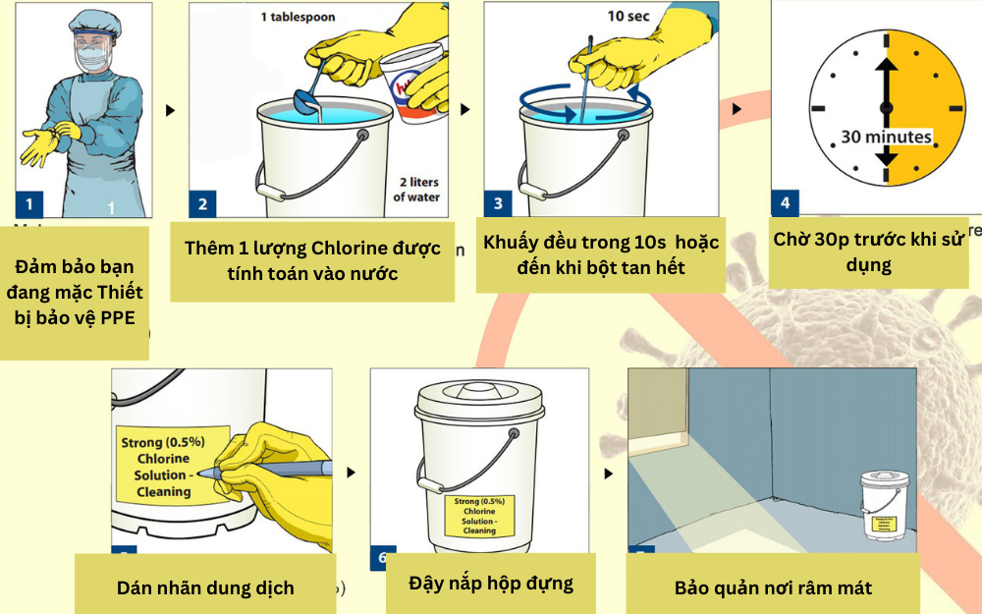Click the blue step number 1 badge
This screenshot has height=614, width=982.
click(28, 204)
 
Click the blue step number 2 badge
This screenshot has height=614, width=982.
click(203, 204)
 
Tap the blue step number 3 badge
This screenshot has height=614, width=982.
click(498, 203)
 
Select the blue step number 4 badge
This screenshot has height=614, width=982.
click(785, 203)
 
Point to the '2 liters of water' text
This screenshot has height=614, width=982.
click(417, 190)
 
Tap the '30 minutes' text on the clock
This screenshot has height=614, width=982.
click(886, 137)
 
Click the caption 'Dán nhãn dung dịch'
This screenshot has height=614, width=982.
click(205, 587)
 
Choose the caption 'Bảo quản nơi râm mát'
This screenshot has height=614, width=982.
click(773, 587)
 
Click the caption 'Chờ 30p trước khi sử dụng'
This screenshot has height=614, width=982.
click(868, 251)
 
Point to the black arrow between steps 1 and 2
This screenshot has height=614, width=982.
click(171, 111)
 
